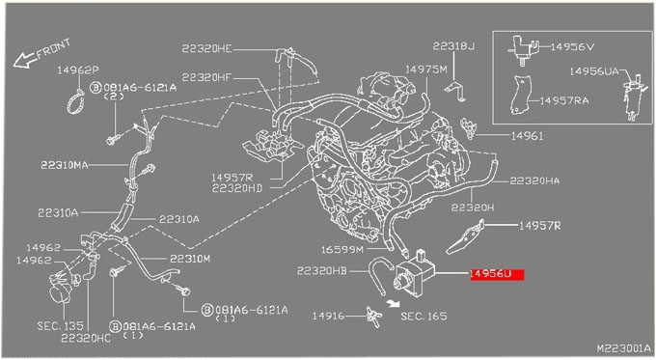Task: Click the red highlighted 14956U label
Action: coord(497,274)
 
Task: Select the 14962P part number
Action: coord(78,69)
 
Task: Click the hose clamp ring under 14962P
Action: coord(76,101)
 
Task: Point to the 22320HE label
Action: coord(206,48)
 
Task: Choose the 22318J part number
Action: coord(453,45)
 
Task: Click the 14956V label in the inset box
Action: coord(572,47)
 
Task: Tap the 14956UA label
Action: coord(594,71)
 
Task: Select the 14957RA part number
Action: coord(564,101)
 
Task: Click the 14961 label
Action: coord(527,136)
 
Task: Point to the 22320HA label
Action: coord(534,180)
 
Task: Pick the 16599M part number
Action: coord(342,250)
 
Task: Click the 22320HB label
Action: coord(321,271)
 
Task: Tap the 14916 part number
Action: coord(328,316)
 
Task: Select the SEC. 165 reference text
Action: coord(424,316)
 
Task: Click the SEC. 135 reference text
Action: coord(60,325)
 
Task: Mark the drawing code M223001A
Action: coord(624,348)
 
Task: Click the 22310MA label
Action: coord(65,165)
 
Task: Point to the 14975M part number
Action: coord(426,69)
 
